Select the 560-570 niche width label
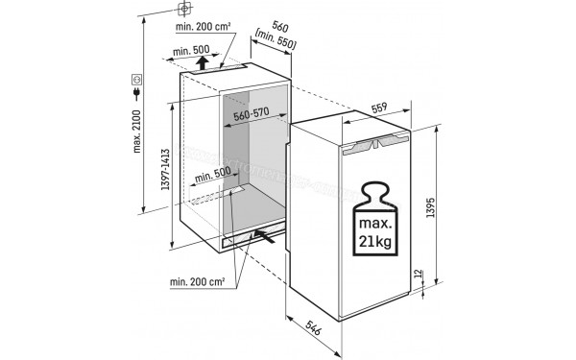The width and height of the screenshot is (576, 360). [x=251, y=113]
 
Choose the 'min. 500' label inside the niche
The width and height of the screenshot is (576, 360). [x=211, y=177]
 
